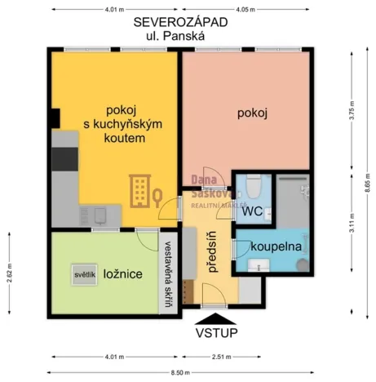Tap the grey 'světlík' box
coord(85,274)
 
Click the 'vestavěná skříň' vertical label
coord(167,274)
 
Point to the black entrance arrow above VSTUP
coord(215,318)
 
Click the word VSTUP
coord(215,333)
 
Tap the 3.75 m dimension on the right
coord(353,113)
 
